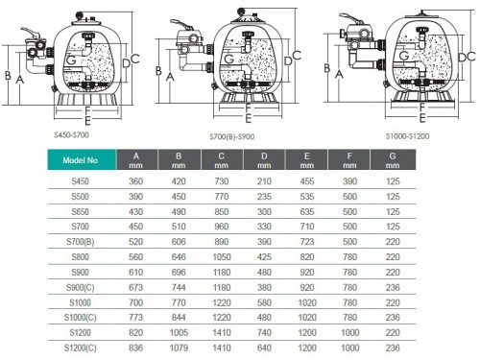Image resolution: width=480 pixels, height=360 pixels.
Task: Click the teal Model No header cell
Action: point(82,159)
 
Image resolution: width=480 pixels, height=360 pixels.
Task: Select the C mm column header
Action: point(222,159)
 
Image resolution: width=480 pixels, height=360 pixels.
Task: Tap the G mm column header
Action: point(393,159)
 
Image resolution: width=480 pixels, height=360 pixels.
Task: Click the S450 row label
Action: point(80,181)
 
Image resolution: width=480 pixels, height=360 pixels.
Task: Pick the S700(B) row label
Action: point(80,242)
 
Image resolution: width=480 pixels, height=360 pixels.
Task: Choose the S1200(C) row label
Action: point(80,348)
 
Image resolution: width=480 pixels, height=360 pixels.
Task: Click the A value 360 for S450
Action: point(135,181)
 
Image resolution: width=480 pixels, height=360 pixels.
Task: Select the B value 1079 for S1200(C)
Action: point(179,348)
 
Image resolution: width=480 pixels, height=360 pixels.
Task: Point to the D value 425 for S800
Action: point(264,257)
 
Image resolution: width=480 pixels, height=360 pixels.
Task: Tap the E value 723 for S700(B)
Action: point(307,242)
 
